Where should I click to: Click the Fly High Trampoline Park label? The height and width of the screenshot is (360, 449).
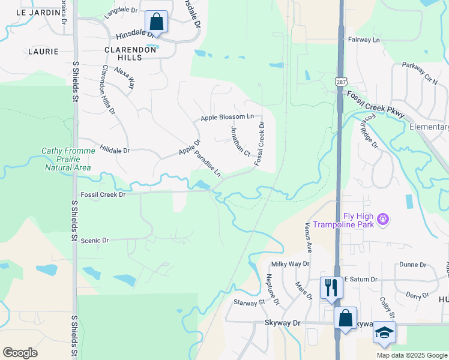[x=358, y=220]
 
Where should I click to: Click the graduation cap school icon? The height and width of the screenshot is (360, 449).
[x=384, y=332]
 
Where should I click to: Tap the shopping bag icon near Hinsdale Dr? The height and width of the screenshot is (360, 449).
[x=156, y=22]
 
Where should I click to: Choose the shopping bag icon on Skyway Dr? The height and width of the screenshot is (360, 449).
[x=345, y=317]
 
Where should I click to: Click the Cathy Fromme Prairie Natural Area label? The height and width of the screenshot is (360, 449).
[x=67, y=160]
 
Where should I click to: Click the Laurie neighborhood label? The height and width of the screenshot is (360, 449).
[x=43, y=52]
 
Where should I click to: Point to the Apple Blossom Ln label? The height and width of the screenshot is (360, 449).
[x=228, y=117]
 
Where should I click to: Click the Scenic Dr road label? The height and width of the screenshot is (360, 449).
[x=95, y=240]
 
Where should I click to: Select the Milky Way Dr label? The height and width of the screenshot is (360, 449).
[x=290, y=263]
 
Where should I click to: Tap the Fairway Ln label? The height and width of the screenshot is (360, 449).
[x=364, y=40]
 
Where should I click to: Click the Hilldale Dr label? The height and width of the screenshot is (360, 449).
[x=115, y=149]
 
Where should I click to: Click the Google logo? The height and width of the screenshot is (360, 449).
[x=20, y=352]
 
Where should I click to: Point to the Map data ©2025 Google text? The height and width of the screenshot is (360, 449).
[x=411, y=355]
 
